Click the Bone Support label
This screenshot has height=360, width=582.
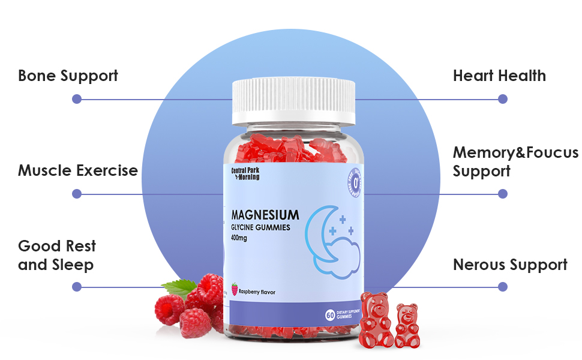pos(68,76)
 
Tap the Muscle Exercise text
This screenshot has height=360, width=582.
pos(78,170)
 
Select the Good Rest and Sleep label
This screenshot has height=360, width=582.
pos(56,255)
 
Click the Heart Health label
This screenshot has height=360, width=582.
pos(499,76)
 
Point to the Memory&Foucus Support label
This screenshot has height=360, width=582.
pos(515,161)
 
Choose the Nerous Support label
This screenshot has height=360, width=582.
pos(510,265)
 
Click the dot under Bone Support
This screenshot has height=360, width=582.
pos(76,99)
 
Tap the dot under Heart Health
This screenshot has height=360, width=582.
pos(503,99)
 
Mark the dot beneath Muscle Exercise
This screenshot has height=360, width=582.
pos(76,194)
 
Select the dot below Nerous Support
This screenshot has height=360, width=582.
pos(503,287)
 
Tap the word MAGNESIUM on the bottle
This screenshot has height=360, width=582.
pos(265,215)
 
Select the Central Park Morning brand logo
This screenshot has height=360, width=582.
pos(245,173)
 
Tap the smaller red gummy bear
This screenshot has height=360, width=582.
pos(407,326)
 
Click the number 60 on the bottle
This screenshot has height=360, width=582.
pos(329,315)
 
